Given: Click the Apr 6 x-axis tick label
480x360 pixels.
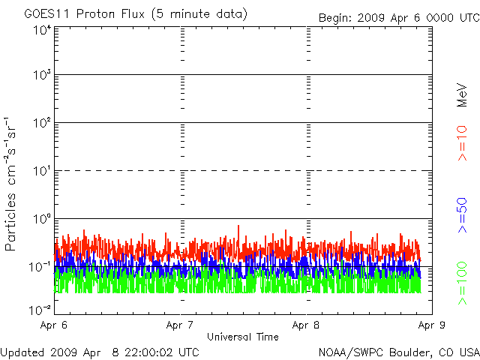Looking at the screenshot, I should [x=55, y=325].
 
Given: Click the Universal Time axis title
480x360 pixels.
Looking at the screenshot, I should [x=242, y=337].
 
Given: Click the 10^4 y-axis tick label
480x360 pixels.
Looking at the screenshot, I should [x=42, y=30].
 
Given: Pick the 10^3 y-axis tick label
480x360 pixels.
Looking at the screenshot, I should [x=42, y=76].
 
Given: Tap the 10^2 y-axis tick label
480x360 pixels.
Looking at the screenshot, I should [x=42, y=124].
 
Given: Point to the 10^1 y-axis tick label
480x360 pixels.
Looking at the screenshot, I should [x=42, y=172].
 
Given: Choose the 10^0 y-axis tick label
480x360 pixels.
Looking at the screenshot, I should [x=42, y=220].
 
